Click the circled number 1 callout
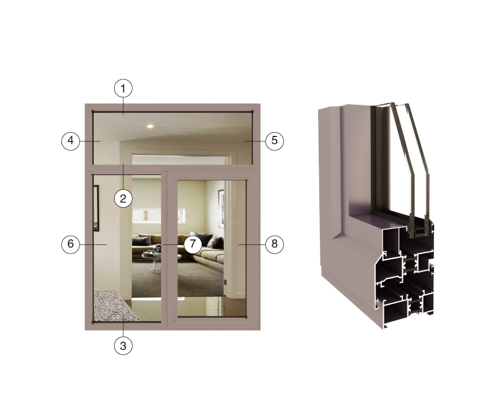(123, 88)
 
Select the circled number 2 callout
(123, 198)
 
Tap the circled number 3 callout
(123, 346)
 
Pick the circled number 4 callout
(71, 141)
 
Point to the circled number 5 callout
(274, 141)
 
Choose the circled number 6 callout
(71, 244)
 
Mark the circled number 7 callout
(193, 244)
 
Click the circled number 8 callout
(274, 244)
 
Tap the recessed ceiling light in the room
(150, 126)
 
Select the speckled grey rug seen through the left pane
(115, 305)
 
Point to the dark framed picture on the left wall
(96, 208)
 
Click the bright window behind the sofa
(158, 216)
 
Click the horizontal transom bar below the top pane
(172, 167)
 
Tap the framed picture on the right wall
(221, 208)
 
